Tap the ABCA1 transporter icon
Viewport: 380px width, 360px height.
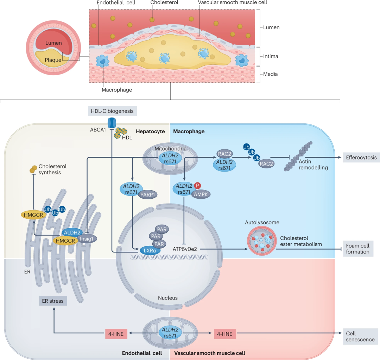(x=112, y=123)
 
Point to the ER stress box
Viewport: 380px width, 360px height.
(x=53, y=301)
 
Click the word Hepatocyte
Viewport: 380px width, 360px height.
(x=150, y=131)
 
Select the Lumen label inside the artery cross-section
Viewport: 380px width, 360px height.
(x=53, y=43)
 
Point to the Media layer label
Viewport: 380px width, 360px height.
(x=271, y=74)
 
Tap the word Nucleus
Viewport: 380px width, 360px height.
(x=168, y=298)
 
